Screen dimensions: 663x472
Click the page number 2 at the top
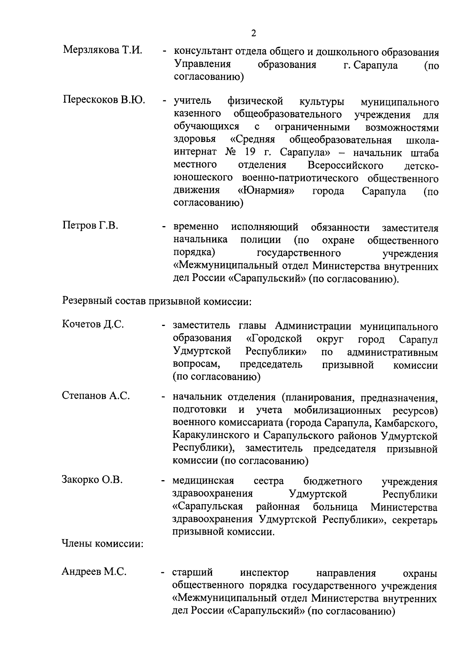pos(253,33)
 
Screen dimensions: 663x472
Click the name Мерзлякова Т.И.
pos(102,50)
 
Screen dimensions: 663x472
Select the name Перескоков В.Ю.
pos(104,100)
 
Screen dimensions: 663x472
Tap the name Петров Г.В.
pos(90,226)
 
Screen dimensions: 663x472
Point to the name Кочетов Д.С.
pos(93,324)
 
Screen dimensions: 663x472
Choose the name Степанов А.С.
pos(96,396)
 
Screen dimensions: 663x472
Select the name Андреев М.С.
pos(94,572)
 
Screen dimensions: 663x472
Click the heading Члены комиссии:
pos(102,544)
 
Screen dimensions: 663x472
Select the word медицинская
pos(203,481)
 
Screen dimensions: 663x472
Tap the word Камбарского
pos(406,423)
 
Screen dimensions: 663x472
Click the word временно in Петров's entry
pos(196,227)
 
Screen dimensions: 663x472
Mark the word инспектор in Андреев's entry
pos(264,573)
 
